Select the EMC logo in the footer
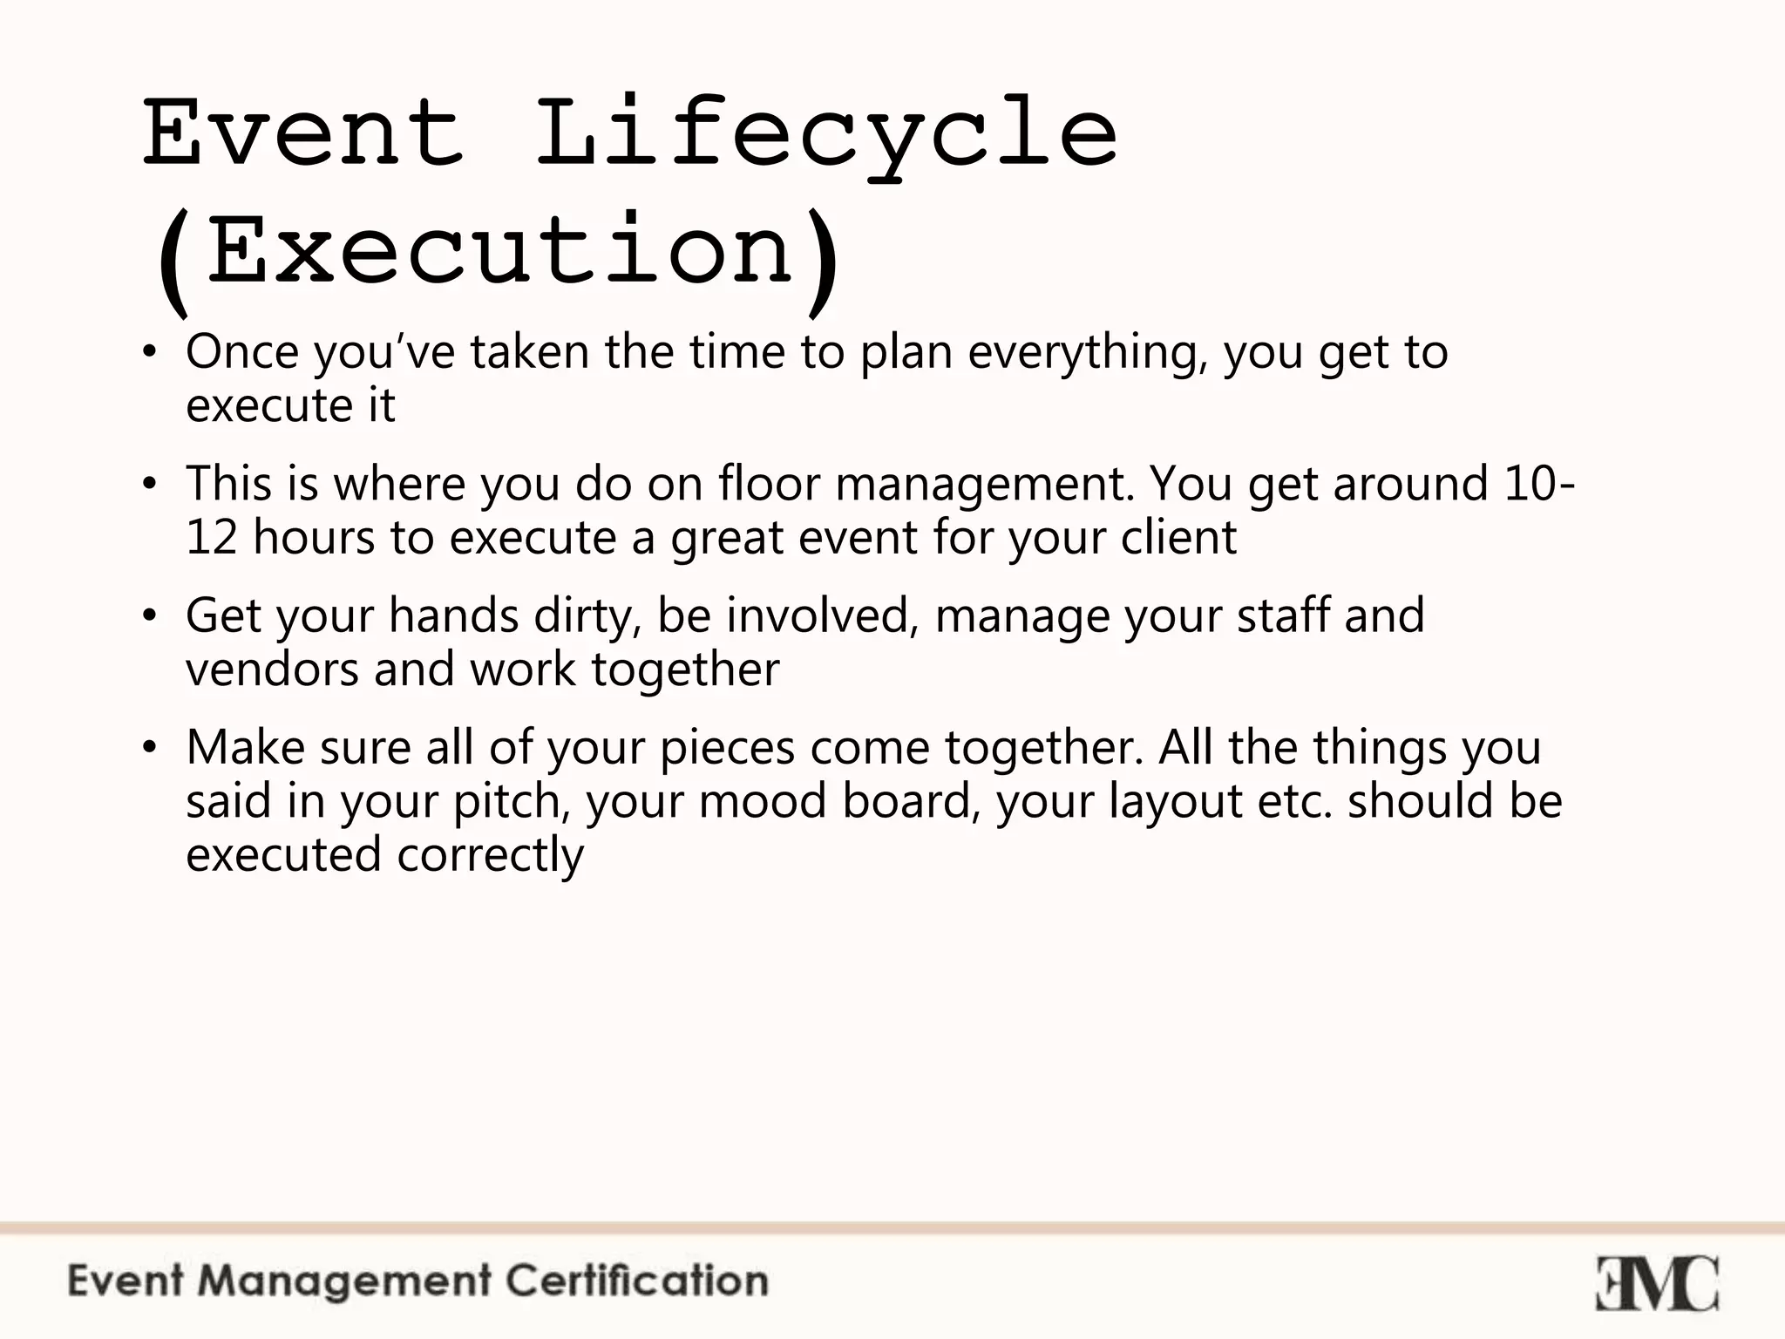[x=1657, y=1283]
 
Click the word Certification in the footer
[x=637, y=1281]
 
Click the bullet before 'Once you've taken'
[x=150, y=354]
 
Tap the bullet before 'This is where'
[x=150, y=486]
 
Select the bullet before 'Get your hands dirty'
[x=150, y=617]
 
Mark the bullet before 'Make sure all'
[x=150, y=749]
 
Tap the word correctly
[x=491, y=855]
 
